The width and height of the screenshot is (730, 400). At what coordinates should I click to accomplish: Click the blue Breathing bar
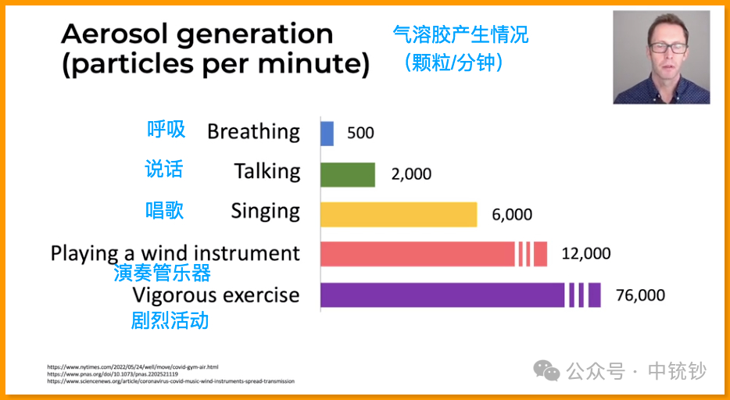pos(327,134)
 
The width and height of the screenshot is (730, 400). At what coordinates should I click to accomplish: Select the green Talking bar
pos(348,174)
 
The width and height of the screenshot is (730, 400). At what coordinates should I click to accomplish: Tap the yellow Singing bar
pos(399,214)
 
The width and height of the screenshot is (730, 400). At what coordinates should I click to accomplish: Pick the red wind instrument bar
pos(434,254)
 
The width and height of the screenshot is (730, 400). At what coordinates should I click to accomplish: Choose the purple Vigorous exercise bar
pos(460,295)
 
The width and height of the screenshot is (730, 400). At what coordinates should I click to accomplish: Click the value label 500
pos(360,133)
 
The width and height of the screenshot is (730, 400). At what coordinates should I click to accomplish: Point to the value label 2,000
pos(411,174)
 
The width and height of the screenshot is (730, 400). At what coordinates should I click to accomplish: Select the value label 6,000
pos(512,214)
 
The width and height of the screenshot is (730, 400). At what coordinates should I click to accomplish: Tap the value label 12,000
pos(586,254)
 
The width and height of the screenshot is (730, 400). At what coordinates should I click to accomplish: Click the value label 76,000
pos(640,295)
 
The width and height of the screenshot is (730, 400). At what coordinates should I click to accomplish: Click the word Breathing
pos(254,132)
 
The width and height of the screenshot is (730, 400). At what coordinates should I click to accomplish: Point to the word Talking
pos(267,172)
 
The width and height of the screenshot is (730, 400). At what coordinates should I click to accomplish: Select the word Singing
pos(266,212)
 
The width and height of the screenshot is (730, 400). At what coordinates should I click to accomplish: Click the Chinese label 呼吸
pos(166,130)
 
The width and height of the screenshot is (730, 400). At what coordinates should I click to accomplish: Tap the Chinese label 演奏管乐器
pos(162,273)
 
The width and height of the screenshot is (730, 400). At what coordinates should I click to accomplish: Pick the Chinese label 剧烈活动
pos(170,320)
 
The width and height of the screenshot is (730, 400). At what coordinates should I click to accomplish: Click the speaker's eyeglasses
pos(668,48)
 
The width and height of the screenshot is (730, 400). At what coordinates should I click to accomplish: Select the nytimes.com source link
pos(133,367)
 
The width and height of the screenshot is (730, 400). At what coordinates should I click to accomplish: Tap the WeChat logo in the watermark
pos(546,370)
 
